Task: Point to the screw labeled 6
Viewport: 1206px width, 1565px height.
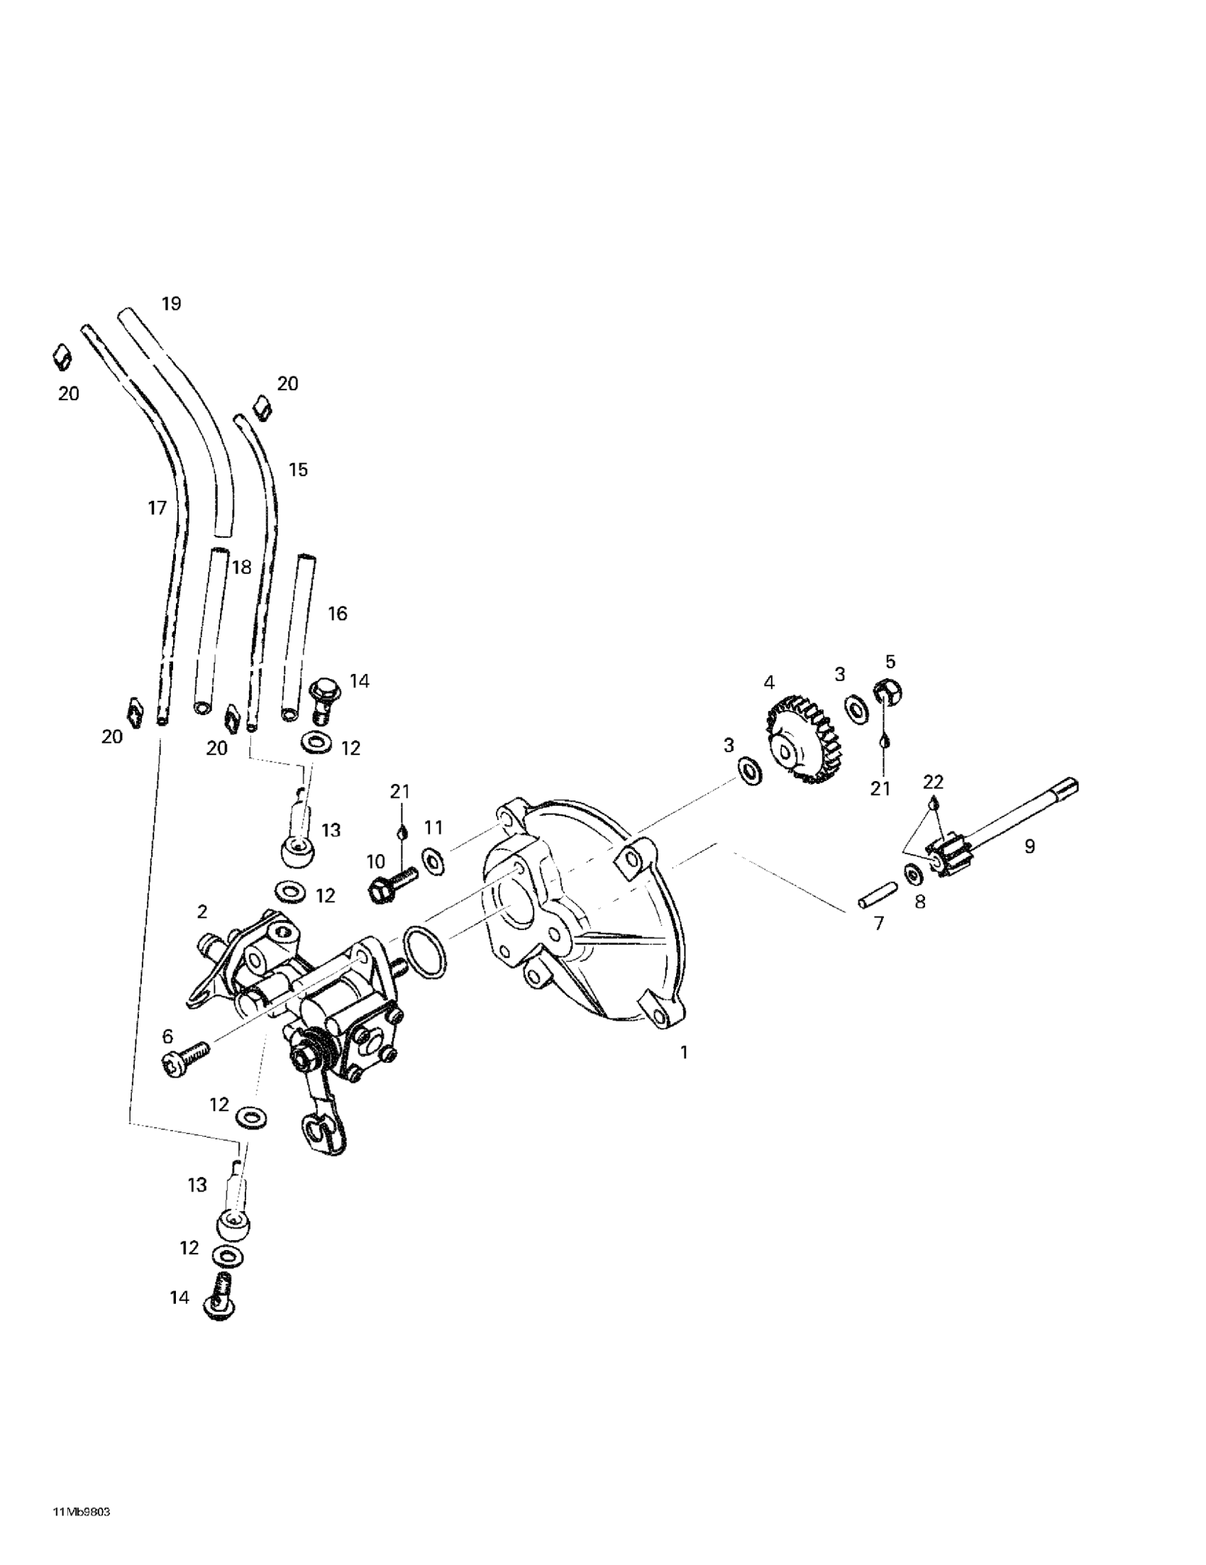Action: pos(184,1057)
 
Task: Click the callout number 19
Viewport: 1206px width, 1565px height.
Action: pos(171,304)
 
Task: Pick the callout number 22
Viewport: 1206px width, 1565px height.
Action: pos(933,782)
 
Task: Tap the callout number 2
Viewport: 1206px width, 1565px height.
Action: pos(202,912)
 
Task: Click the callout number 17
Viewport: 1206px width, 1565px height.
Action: pos(157,508)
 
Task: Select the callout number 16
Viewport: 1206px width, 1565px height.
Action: pos(337,614)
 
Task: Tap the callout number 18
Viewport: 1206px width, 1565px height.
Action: pos(242,567)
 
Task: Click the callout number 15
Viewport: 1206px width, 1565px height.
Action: pos(297,470)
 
